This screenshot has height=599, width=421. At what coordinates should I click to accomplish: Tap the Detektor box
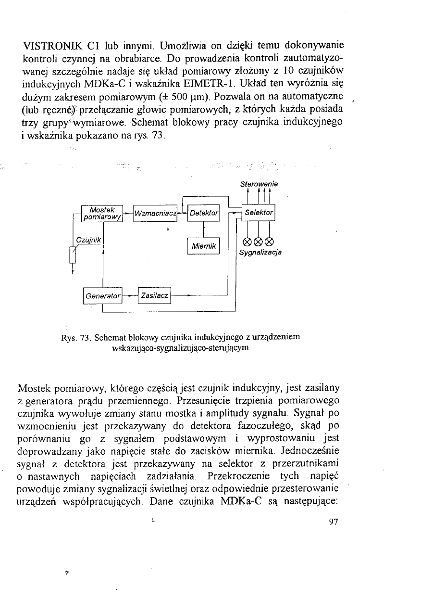(204, 213)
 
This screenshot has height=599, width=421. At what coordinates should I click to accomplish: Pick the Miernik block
(203, 246)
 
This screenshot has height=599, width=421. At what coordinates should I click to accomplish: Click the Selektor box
(259, 212)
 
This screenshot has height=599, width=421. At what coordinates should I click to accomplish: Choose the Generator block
(102, 295)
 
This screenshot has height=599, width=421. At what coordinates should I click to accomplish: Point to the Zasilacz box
(155, 295)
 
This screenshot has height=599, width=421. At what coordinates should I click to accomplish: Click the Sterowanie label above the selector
(260, 183)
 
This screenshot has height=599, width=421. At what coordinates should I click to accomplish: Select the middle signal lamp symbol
(259, 241)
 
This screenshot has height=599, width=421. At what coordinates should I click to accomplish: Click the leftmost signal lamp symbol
(248, 241)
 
